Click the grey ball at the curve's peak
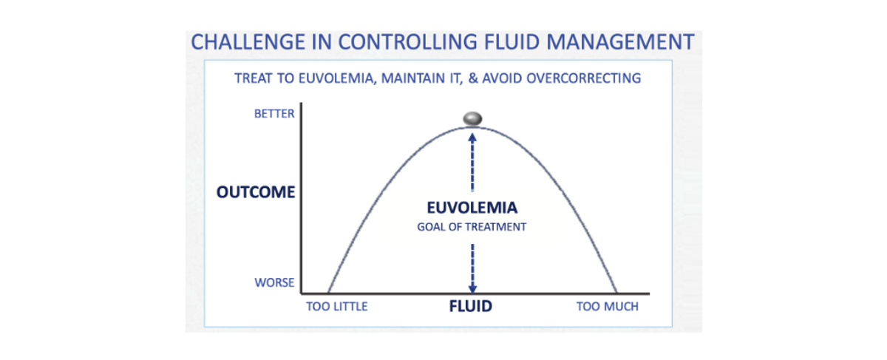pos(472,118)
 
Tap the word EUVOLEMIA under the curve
pos(472,208)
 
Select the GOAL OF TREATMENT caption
pos(472,227)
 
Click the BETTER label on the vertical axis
pos(274,114)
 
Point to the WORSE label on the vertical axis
pos(274,282)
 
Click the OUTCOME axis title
pos(256,192)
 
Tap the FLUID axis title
pos(470,306)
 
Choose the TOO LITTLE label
pos(337,307)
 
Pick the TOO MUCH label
pos(608,307)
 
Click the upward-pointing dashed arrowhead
pos(472,137)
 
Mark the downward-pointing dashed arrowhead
pos(472,288)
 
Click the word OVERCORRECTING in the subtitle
pos(584,78)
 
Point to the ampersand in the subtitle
pos(473,78)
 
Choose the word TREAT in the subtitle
pos(254,78)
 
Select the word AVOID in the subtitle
pos(502,78)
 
